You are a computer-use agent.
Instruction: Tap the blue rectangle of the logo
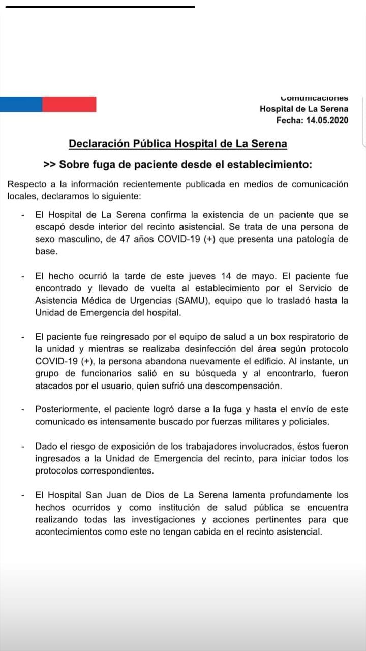[x=21, y=104]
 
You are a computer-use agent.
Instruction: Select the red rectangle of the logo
[x=69, y=104]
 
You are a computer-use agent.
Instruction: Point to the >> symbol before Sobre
[x=50, y=164]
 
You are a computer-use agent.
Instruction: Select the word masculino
[x=76, y=240]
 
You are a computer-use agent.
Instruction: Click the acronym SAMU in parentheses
[x=191, y=300]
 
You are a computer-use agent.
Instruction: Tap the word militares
[x=258, y=421]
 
